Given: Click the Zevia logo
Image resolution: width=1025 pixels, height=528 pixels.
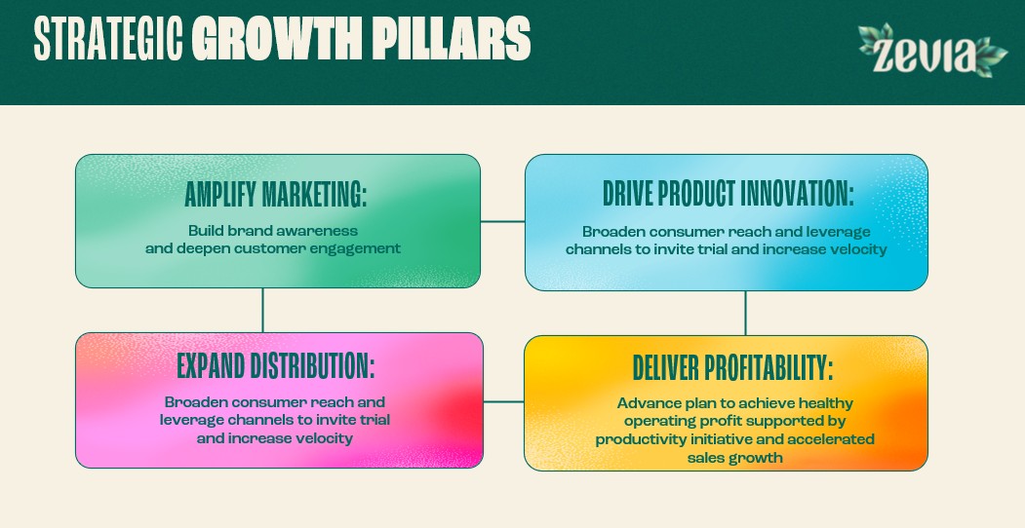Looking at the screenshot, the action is coord(932,51).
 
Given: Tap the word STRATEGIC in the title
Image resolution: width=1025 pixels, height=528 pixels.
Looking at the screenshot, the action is coord(108,39).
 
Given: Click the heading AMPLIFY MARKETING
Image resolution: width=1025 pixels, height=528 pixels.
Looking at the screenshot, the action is coord(276,194).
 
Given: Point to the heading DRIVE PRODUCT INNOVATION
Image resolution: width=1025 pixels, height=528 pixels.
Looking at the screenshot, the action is coord(728,193).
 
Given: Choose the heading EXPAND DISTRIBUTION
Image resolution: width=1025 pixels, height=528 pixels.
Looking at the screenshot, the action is coord(276,366).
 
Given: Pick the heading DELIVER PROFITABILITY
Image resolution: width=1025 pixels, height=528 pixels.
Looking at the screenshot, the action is coord(732,368).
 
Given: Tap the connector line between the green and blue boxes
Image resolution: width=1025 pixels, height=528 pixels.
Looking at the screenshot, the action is coord(502,222).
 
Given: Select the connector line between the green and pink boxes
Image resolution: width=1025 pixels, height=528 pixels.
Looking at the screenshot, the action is coord(262,311).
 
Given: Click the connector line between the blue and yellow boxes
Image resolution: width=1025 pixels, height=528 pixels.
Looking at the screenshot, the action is coord(745,314).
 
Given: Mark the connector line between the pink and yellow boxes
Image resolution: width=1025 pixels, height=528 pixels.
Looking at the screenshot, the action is coord(503,401).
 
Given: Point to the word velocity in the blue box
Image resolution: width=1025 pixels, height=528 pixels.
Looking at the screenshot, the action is coord(856,249).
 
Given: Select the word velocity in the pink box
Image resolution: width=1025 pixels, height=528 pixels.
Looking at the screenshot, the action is coord(322,438).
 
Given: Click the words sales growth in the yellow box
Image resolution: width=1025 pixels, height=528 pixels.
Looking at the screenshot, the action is coord(734,458).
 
